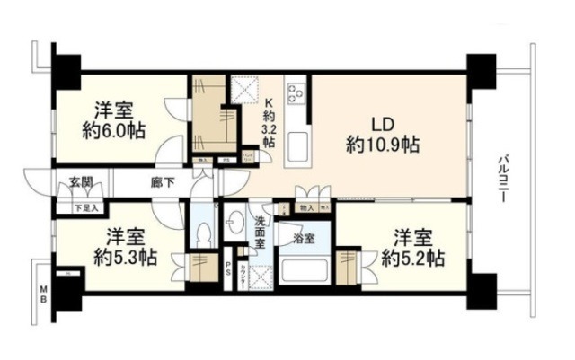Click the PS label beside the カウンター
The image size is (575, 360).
coord(230,267)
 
